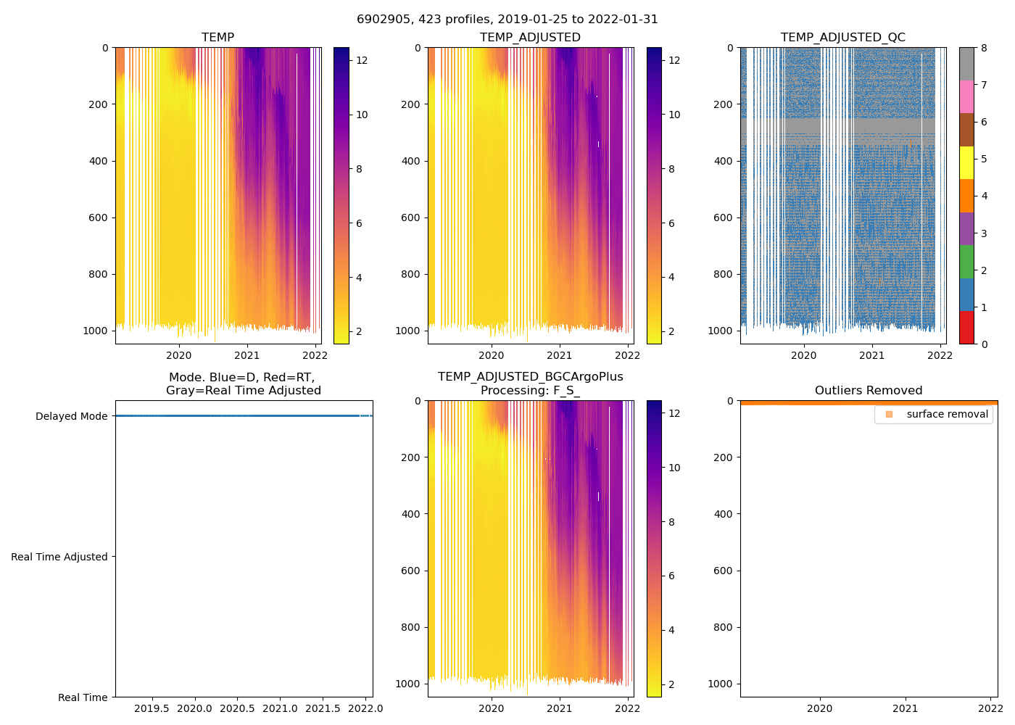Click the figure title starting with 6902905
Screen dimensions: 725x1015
(507, 20)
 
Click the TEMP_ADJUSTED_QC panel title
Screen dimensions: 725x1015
(842, 38)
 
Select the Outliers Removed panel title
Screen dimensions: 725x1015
(868, 391)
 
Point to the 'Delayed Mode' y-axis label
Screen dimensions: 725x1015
(71, 416)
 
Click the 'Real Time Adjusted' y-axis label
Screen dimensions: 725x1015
(59, 557)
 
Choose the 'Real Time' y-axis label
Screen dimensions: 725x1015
(83, 697)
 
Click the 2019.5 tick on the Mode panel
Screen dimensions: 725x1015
(152, 708)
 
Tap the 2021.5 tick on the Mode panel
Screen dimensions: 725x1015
(322, 708)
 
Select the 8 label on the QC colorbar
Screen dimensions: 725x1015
(984, 49)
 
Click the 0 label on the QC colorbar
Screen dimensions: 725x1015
(984, 344)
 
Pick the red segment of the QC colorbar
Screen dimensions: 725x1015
(966, 328)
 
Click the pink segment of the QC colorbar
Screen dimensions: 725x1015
(966, 96)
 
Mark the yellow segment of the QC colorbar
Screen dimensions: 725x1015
(966, 162)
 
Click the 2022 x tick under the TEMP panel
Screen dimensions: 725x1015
(315, 355)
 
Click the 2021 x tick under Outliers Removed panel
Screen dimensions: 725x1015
(905, 708)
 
